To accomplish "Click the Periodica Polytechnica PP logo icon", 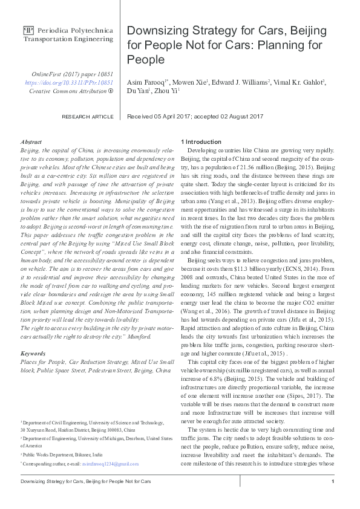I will click(x=28, y=29).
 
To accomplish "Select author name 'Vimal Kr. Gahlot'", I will click(x=297, y=82).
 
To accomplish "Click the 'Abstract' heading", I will click(x=31, y=140).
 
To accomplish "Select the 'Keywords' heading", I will click(x=33, y=352).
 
